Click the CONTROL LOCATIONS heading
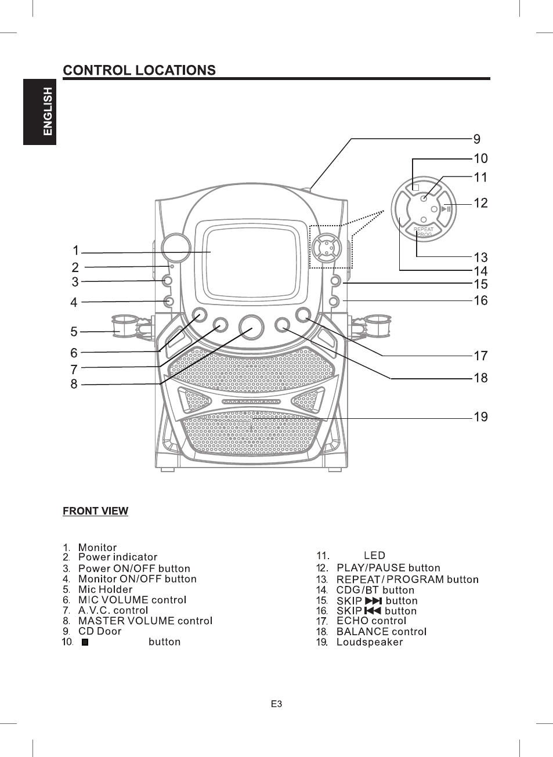[139, 70]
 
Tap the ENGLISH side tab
[39, 112]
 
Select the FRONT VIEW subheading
[96, 510]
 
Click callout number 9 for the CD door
[476, 139]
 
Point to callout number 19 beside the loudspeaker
[480, 416]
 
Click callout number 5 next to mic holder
[74, 332]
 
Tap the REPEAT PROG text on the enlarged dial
[423, 232]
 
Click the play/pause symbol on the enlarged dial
[446, 209]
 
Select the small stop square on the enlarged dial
[416, 187]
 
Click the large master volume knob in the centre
[251, 328]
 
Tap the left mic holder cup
[124, 326]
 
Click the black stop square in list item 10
[85, 642]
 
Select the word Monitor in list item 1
[97, 548]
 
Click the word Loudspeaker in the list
[370, 642]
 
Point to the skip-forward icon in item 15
[374, 600]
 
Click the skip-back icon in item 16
[373, 611]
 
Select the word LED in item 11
[374, 555]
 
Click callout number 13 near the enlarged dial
[480, 258]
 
